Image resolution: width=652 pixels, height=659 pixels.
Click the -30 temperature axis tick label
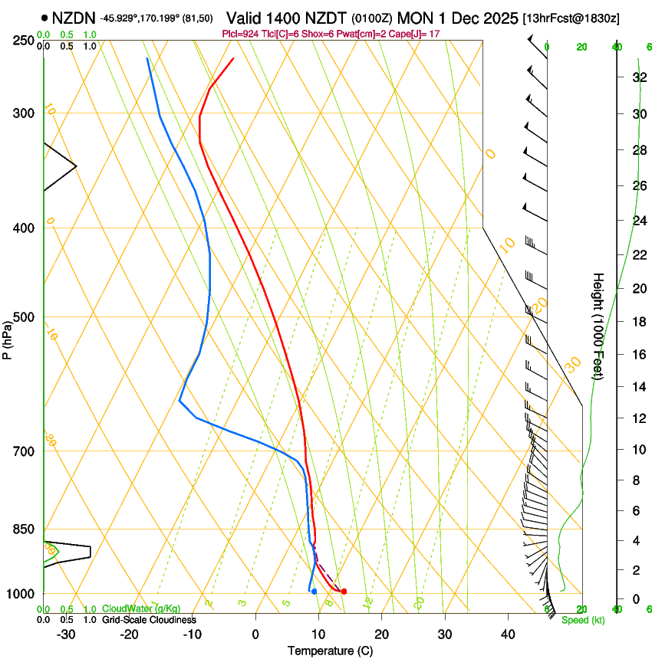pyautogui.click(x=66, y=634)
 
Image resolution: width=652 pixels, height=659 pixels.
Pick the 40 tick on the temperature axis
pyautogui.click(x=507, y=634)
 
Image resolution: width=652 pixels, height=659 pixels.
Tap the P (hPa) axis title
pyautogui.click(x=8, y=337)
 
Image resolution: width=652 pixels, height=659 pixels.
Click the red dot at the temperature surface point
pyautogui.click(x=344, y=591)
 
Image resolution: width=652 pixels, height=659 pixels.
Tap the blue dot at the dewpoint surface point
pyautogui.click(x=314, y=591)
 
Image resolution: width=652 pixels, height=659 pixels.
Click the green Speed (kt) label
pyautogui.click(x=582, y=620)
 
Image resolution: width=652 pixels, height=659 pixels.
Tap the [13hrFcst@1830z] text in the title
pyautogui.click(x=571, y=18)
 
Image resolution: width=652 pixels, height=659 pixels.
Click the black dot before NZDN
pyautogui.click(x=44, y=17)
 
